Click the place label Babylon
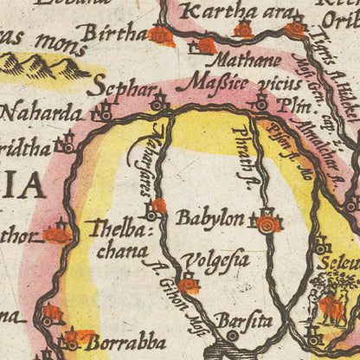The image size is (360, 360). pos(209,217)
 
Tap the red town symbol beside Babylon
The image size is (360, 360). pos(267,223)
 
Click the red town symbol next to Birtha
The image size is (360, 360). pos(160,35)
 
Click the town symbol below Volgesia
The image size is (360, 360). pos(188,283)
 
